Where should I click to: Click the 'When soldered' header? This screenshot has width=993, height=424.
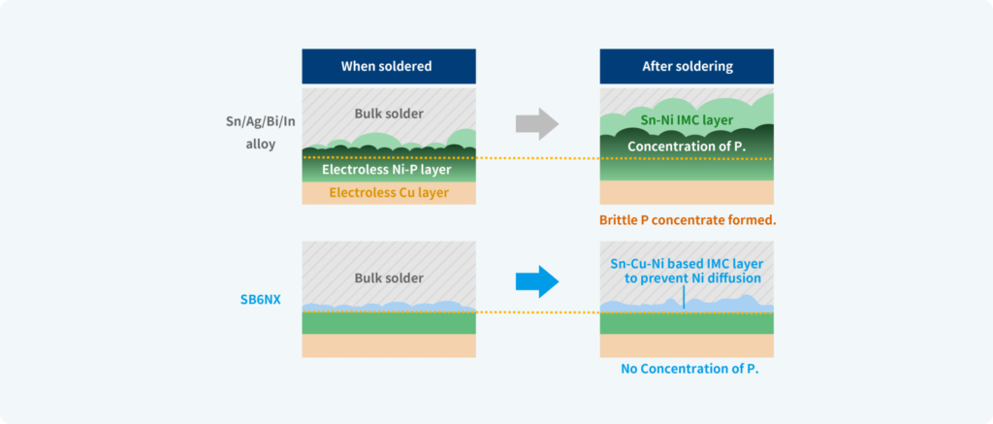(x=387, y=67)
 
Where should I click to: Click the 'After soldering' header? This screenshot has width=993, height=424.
(x=687, y=67)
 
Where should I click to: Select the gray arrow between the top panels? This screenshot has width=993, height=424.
(x=536, y=123)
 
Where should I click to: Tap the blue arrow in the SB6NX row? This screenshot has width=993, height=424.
(x=536, y=282)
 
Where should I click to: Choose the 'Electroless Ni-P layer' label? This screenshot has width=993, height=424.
(x=388, y=171)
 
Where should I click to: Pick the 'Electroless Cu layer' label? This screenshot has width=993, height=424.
(x=388, y=192)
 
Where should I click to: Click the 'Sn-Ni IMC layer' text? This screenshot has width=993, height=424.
(x=687, y=120)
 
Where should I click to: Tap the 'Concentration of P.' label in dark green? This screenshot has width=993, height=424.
(x=687, y=147)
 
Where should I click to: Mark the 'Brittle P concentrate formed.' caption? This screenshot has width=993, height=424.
(x=689, y=220)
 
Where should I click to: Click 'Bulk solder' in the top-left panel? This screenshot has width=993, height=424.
(x=388, y=114)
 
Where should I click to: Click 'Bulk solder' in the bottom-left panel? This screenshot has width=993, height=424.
(x=388, y=278)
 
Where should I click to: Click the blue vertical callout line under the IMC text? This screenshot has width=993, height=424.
(x=684, y=296)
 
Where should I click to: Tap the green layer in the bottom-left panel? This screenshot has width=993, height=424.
(x=389, y=323)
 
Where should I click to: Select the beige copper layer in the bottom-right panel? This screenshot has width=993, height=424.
(x=687, y=344)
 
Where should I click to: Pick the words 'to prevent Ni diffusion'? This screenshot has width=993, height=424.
(x=692, y=278)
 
